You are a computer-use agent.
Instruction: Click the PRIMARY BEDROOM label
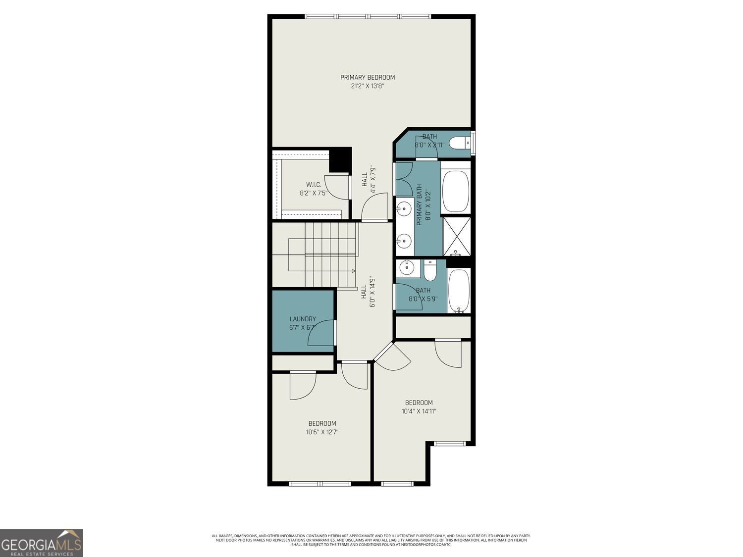coord(367,77)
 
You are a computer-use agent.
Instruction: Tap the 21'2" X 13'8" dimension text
coord(367,86)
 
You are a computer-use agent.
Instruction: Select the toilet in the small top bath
coord(461,143)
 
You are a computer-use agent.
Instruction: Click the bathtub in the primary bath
coord(455,191)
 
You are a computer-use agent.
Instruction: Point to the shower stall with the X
coord(456,236)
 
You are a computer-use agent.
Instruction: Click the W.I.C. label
coord(314,185)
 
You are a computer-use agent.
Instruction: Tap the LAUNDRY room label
coord(303,319)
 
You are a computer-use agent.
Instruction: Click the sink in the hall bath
coord(407,268)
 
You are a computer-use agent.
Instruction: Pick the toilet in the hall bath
coord(429,271)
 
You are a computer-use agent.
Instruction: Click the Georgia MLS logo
coord(42,543)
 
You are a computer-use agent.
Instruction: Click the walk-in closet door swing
coord(336,187)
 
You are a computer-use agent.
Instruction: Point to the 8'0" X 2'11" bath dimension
coord(429,145)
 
